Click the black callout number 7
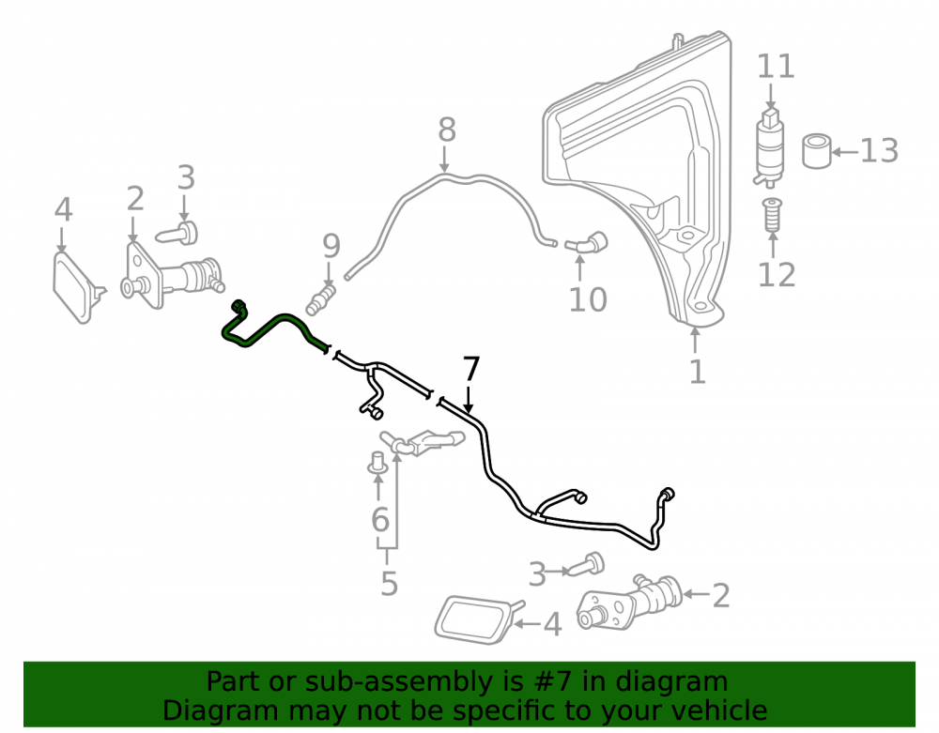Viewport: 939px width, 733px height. coord(471,369)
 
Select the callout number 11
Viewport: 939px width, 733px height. coord(777,67)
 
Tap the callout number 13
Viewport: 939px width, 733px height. coord(880,151)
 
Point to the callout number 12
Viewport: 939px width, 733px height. coord(777,275)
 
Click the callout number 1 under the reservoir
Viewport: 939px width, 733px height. coord(697,372)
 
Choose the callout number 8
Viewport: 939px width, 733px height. coord(447,130)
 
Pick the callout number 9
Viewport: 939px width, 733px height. coord(331,246)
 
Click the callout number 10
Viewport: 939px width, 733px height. coord(588,299)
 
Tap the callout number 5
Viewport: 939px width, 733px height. coord(390,584)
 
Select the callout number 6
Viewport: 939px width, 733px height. coord(380,519)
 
